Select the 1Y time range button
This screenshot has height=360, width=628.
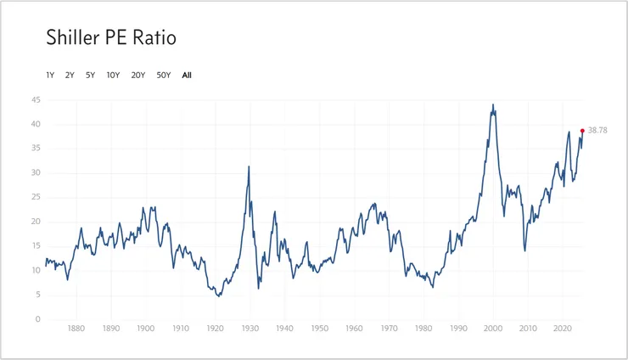coord(50,75)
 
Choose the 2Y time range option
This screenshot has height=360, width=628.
coord(70,75)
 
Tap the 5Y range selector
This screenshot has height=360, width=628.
coord(90,75)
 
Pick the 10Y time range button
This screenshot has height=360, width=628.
coord(113,75)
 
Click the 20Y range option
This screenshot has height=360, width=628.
coord(137,75)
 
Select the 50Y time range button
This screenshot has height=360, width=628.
coord(164,75)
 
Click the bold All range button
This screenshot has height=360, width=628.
coord(187,75)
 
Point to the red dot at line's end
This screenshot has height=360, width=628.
coord(582,131)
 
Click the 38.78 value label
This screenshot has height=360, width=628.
coord(597,131)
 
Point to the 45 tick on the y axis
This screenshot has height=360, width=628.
coord(35,100)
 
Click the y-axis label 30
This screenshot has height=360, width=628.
coord(35,173)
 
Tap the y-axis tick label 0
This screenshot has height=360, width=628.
coord(37,320)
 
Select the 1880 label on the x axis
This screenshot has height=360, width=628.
coord(76,328)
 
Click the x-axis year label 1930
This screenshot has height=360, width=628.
coord(250,328)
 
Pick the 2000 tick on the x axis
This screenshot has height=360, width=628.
coord(493,328)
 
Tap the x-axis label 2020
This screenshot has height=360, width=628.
coord(562,328)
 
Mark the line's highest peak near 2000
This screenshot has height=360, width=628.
coord(493,104)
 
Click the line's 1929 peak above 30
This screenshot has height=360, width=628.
coord(249,166)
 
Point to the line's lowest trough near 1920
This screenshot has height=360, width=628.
coord(219,296)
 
